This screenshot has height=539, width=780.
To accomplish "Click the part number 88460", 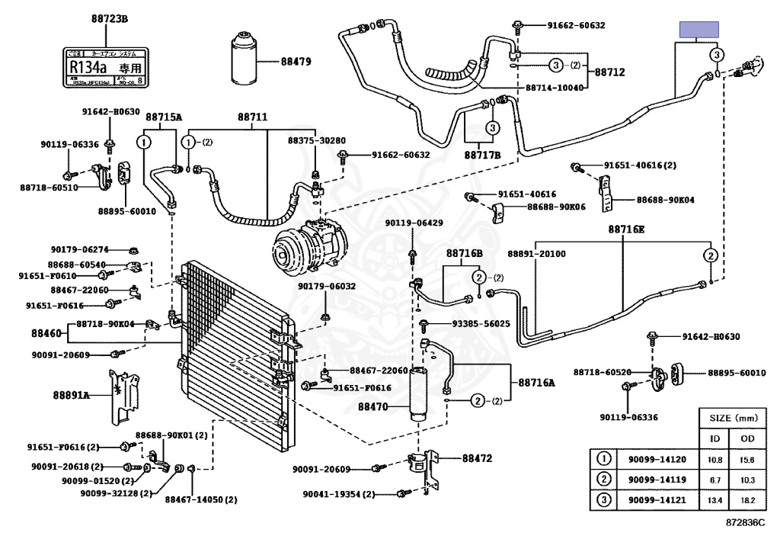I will (x=46, y=333).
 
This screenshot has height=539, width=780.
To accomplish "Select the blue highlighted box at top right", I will (x=699, y=30).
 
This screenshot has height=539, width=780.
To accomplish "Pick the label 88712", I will (x=609, y=72).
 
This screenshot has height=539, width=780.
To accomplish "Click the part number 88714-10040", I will (x=555, y=88).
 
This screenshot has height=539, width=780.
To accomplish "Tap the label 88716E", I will (x=626, y=229).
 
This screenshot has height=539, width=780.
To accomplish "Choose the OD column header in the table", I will (x=743, y=438).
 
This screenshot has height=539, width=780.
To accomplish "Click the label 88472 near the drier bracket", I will (x=477, y=458).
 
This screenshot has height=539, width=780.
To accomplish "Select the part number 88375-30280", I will (x=316, y=140).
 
